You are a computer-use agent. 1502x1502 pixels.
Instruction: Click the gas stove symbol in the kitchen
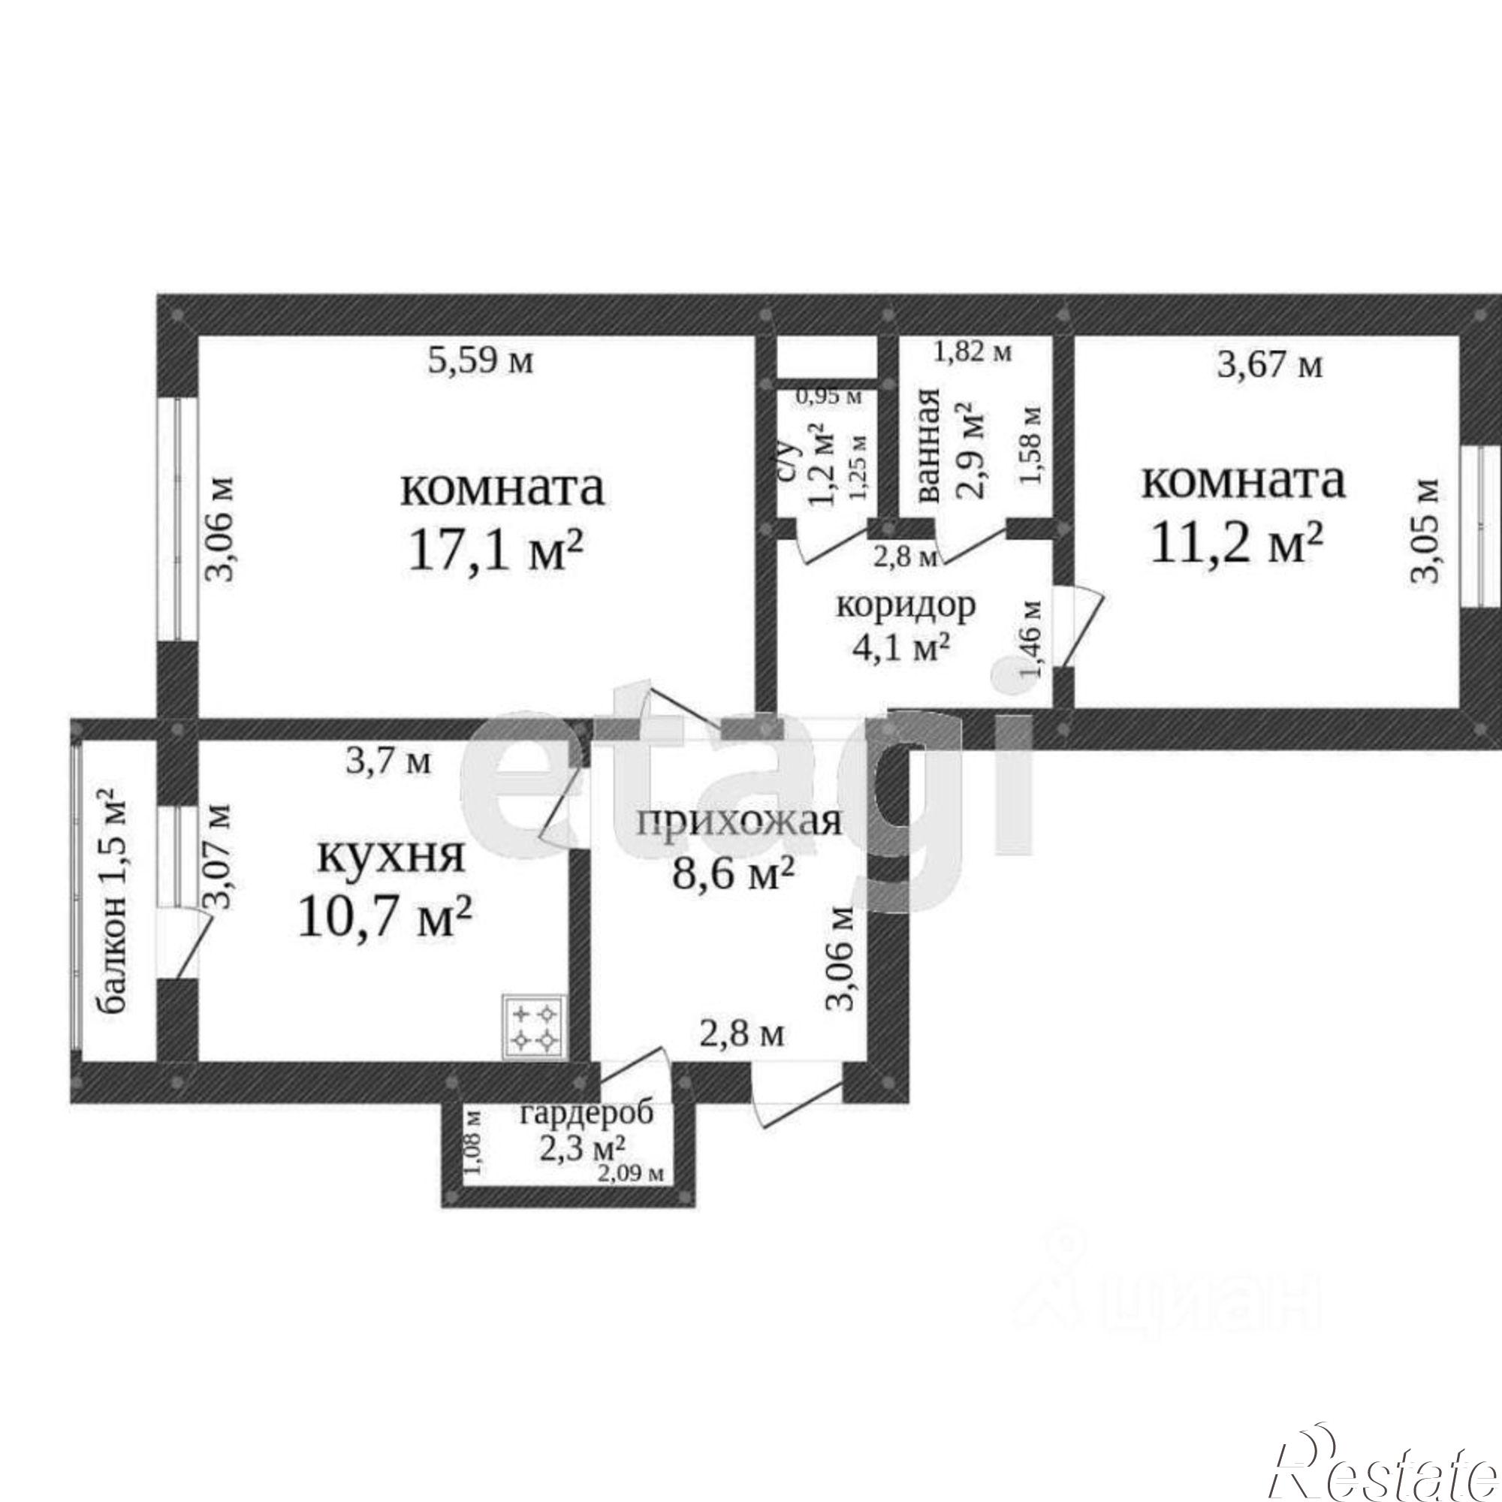[533, 1028]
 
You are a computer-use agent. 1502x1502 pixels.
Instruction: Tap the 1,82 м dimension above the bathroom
[973, 353]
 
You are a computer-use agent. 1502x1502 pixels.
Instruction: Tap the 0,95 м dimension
[829, 397]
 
